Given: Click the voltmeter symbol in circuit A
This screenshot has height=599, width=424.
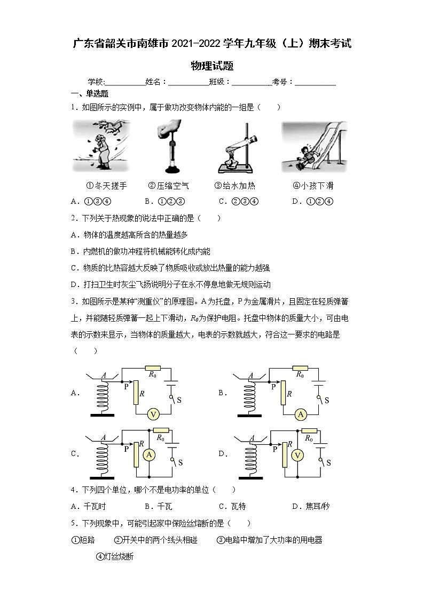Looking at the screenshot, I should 153,414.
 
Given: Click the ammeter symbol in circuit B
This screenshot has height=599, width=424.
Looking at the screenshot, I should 301,414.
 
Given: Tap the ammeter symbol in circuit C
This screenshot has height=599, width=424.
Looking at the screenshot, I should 150,454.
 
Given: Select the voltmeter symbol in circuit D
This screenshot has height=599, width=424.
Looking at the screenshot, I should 299,454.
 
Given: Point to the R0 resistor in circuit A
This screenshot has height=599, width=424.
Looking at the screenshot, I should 154,368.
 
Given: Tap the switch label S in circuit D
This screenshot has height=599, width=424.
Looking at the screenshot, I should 328,462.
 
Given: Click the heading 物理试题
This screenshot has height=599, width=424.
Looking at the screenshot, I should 212,66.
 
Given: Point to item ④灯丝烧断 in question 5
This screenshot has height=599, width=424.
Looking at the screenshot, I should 114,556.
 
